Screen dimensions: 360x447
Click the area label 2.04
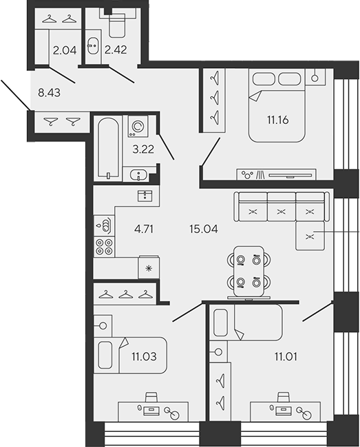pos(65,50)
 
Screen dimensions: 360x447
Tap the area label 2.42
pos(116,50)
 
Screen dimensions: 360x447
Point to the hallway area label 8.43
pos(49,93)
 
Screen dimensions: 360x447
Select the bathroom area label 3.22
pos(143,149)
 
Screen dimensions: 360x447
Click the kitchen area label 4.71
pos(144,228)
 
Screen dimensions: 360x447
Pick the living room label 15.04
pos(203,228)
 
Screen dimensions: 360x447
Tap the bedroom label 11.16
pos(278,120)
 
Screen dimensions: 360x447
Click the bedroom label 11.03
pos(144,356)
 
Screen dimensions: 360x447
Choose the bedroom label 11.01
pos(286,356)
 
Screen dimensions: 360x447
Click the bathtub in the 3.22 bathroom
pos(108,149)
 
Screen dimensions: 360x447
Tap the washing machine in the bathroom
pos(138,127)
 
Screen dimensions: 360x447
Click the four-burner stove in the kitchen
pos(104,247)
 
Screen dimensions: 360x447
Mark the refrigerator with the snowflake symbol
pos(149,268)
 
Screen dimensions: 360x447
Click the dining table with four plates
pos(248,271)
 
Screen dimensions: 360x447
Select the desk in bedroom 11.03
pos(153,411)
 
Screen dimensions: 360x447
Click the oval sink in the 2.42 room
pos(93,45)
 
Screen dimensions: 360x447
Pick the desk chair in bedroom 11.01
pos(284,397)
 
